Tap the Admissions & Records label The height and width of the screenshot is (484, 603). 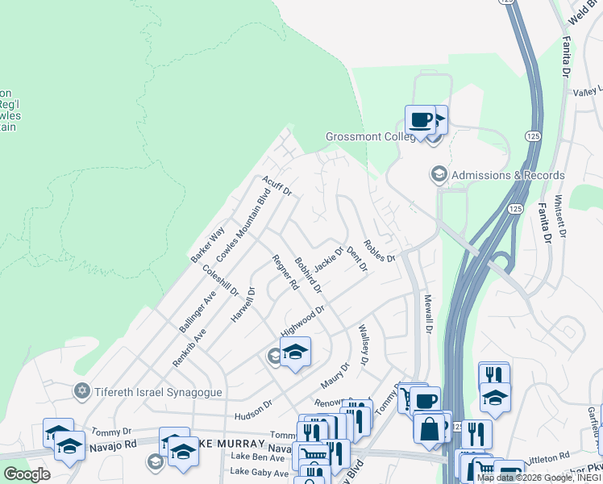pyautogui.click(x=507, y=175)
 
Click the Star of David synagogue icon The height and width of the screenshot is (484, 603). pyautogui.click(x=81, y=392)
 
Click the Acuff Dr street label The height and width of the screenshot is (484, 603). pyautogui.click(x=277, y=186)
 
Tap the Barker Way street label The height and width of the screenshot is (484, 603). pyautogui.click(x=207, y=244)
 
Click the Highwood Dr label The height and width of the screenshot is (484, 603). pyautogui.click(x=302, y=320)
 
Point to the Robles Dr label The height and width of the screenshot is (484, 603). pyautogui.click(x=379, y=251)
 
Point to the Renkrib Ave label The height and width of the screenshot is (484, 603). pyautogui.click(x=189, y=348)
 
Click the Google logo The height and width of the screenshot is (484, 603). pyautogui.click(x=27, y=474)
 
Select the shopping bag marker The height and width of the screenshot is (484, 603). pyautogui.click(x=430, y=428)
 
